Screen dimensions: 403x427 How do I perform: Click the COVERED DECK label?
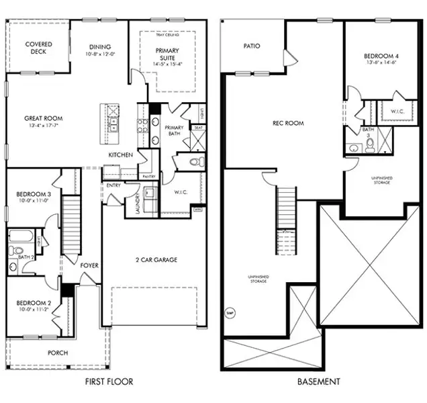coord(39,48)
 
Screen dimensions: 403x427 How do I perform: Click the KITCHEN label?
coord(121,155)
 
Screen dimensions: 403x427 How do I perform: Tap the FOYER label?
coord(89,265)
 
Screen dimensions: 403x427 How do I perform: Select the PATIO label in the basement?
coord(252,46)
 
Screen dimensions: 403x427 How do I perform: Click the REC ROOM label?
coord(288,124)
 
